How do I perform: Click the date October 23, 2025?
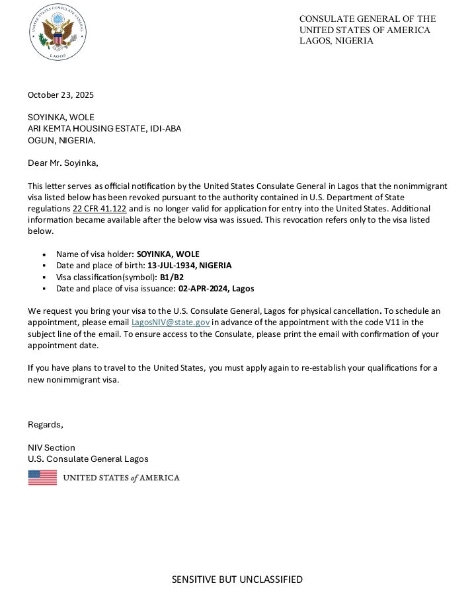[61, 94]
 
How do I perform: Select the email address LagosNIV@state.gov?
[171, 322]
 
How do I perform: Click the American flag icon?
[42, 477]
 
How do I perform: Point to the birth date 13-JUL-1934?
[172, 265]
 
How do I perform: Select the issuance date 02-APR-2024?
[202, 289]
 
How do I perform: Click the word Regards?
[45, 424]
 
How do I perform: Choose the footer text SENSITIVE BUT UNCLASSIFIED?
[237, 579]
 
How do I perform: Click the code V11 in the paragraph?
[391, 322]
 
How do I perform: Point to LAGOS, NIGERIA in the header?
[336, 41]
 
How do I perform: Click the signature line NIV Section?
[52, 447]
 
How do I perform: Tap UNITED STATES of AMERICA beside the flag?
[121, 478]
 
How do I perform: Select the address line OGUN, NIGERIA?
[61, 140]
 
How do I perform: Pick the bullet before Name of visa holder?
[44, 254]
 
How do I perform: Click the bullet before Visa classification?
[44, 278]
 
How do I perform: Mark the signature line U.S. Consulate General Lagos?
[88, 459]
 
